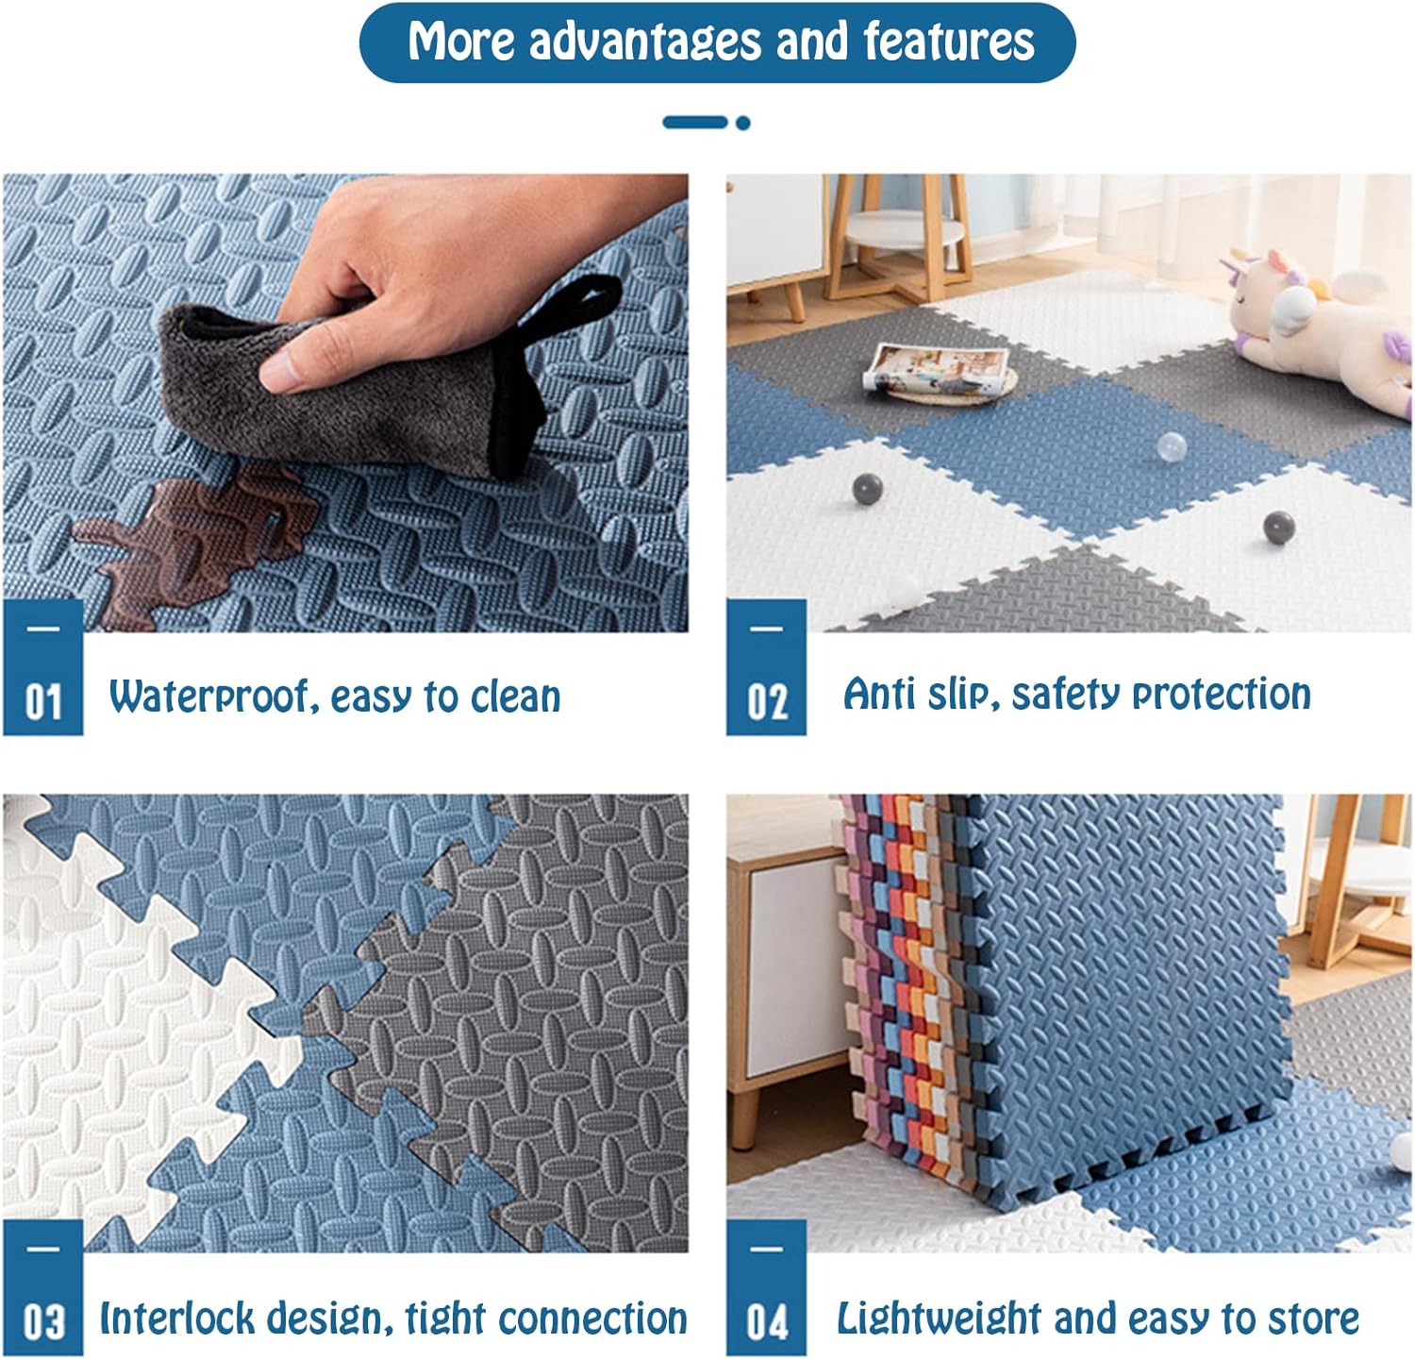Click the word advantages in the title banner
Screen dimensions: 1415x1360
point(644,42)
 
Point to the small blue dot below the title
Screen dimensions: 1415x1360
point(742,123)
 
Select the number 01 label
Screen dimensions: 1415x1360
point(42,702)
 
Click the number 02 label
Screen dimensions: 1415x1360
point(767,702)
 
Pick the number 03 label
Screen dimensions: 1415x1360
point(42,1322)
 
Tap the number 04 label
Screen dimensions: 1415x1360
point(767,1322)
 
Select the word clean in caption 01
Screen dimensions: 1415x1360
point(515,697)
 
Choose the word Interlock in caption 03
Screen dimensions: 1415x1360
point(178,1318)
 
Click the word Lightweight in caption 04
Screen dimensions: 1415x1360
point(940,1318)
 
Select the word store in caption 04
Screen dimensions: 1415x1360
point(1312,1318)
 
